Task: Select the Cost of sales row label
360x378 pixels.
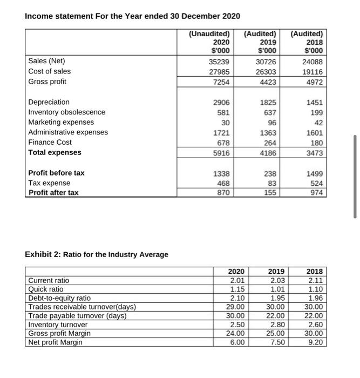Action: (49, 71)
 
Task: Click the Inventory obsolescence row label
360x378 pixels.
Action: (66, 112)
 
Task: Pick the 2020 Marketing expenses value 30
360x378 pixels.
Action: (226, 122)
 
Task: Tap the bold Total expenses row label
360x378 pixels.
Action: (55, 152)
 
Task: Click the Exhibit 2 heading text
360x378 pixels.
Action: (97, 254)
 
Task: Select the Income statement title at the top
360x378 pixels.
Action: (132, 16)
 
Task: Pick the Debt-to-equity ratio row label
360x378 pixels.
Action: (59, 298)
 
